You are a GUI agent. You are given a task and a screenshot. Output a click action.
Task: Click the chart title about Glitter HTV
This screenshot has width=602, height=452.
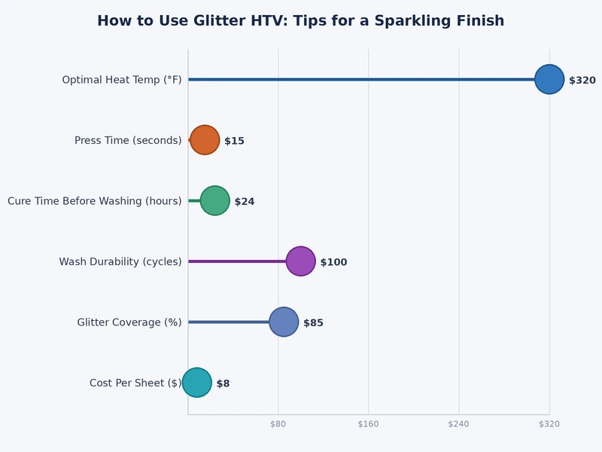tap(300, 21)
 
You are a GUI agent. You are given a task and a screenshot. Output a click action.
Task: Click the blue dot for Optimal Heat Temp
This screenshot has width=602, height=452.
tap(549, 79)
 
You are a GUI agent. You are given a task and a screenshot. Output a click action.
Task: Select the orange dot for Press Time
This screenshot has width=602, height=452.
tap(205, 140)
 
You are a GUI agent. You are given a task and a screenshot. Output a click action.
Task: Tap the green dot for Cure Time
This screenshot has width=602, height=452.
tap(214, 200)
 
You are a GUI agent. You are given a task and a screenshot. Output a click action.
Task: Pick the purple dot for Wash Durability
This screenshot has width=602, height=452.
tap(301, 261)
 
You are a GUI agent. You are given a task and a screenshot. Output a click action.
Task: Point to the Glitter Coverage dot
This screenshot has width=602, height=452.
tap(284, 322)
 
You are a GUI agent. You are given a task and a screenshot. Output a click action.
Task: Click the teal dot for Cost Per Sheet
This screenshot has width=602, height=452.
tap(197, 383)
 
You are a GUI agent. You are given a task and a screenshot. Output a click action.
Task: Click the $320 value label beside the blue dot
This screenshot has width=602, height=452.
tap(582, 80)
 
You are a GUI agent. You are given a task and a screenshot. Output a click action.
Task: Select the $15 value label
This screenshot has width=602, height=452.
tap(234, 141)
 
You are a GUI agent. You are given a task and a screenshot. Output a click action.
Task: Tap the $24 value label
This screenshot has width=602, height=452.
tap(245, 201)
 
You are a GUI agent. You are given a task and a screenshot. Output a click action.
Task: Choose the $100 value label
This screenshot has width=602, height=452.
tap(333, 262)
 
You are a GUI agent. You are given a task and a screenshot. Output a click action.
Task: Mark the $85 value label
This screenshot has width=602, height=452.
tap(313, 322)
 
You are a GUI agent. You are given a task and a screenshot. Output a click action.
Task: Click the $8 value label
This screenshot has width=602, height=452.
tap(223, 383)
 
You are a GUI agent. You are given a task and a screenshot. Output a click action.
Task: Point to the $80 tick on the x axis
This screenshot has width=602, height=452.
tap(278, 424)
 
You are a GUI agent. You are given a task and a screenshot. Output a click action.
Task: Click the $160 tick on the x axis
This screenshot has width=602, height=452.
tap(369, 424)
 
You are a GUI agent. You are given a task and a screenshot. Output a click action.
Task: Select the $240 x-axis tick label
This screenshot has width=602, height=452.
tap(459, 424)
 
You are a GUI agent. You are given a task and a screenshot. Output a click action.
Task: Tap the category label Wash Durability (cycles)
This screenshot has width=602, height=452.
tap(120, 261)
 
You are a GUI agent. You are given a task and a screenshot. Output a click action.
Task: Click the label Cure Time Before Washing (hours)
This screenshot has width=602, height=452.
tap(95, 201)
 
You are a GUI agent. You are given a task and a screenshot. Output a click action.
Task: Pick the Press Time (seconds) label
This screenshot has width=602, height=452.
tap(128, 140)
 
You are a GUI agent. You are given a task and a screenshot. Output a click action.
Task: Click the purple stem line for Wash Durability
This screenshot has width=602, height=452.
tap(237, 261)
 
